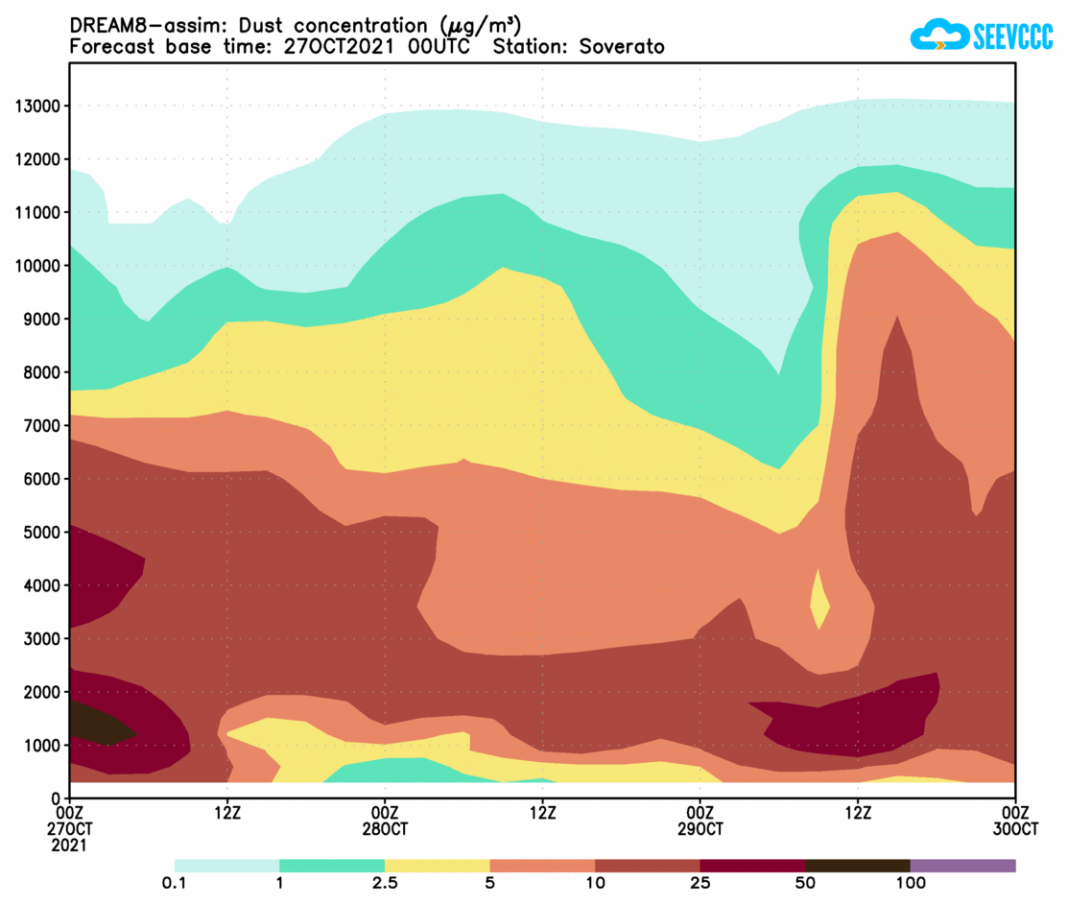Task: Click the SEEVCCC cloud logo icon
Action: point(937,36)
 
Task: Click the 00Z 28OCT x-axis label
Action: point(385,821)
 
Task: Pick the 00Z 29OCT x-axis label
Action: point(699,821)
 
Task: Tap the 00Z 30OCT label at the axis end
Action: point(1015,821)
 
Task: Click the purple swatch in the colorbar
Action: point(962,866)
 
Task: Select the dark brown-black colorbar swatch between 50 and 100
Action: point(857,866)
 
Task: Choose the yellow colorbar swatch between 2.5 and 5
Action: point(437,866)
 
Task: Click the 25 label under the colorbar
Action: point(699,883)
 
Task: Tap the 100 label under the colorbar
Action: point(910,883)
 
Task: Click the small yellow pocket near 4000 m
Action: point(819,602)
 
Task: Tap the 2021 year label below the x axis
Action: point(70,845)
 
